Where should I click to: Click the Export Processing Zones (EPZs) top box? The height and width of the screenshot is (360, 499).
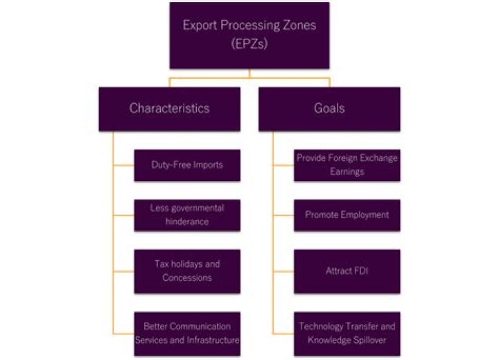tap(249, 35)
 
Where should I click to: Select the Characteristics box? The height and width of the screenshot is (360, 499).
tap(170, 109)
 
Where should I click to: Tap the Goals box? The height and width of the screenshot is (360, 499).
tap(329, 109)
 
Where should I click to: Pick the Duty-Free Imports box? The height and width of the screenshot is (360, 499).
tap(186, 165)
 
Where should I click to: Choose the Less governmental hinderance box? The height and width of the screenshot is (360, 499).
tap(186, 215)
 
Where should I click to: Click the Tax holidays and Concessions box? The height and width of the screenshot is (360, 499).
tap(186, 271)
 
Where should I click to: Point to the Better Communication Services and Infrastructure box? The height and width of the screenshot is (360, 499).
tap(186, 333)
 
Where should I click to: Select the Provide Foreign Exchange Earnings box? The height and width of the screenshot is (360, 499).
tap(347, 165)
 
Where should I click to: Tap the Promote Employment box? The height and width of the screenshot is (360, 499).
tap(347, 215)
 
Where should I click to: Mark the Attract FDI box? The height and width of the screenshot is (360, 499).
tap(347, 271)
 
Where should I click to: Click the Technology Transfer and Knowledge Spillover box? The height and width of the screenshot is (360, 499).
tap(347, 333)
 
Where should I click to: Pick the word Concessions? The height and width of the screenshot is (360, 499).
tap(186, 277)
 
